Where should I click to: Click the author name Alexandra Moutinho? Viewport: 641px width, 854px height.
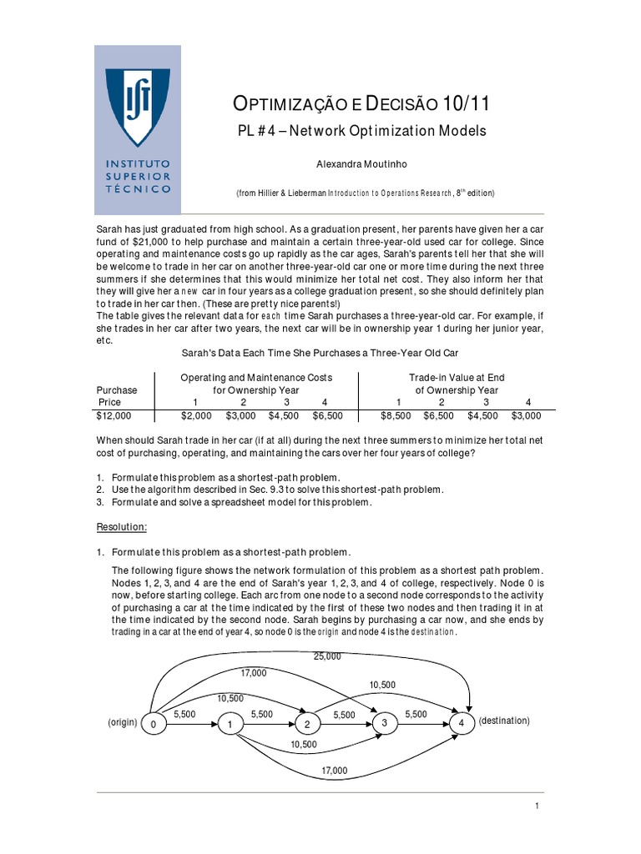coord(365,165)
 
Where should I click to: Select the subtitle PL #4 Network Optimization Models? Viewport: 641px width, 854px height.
coord(362,132)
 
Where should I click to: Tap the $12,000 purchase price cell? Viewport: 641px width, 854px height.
coord(114,414)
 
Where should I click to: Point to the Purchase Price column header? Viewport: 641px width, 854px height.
coord(117,395)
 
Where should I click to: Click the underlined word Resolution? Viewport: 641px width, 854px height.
coord(123,528)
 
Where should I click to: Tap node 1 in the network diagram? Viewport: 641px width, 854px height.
coord(229,725)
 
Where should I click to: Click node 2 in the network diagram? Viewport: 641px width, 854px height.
coord(307,724)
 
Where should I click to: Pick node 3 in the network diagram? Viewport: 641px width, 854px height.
coord(385,722)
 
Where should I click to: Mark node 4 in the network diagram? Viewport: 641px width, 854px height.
coord(461,722)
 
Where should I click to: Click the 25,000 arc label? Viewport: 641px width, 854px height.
coord(327,656)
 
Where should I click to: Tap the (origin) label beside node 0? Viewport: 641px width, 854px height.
coord(122,721)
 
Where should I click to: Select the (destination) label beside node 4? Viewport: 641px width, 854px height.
coord(504,721)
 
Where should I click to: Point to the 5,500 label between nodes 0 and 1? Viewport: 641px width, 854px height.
coord(184,715)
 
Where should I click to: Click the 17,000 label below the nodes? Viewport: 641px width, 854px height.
coord(334,771)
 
